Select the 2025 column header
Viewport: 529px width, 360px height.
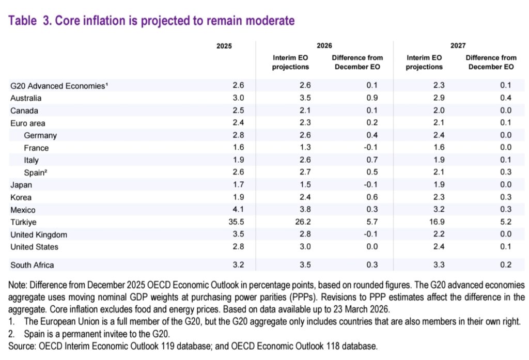tap(224, 46)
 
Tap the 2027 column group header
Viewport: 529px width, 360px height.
tap(457, 46)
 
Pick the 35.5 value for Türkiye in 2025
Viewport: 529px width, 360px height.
tap(224, 222)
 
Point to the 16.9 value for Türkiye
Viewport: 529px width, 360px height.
tap(424, 222)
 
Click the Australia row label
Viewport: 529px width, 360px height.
tap(26, 98)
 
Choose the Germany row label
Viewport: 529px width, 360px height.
tap(40, 135)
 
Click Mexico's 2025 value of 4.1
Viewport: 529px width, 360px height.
tap(226, 210)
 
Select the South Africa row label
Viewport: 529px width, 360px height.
tap(32, 265)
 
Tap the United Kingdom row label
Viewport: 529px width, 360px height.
tap(39, 234)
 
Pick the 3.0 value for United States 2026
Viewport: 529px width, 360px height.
tap(292, 247)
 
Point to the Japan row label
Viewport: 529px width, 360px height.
tap(21, 185)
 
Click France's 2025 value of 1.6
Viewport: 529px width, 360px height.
tap(226, 148)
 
